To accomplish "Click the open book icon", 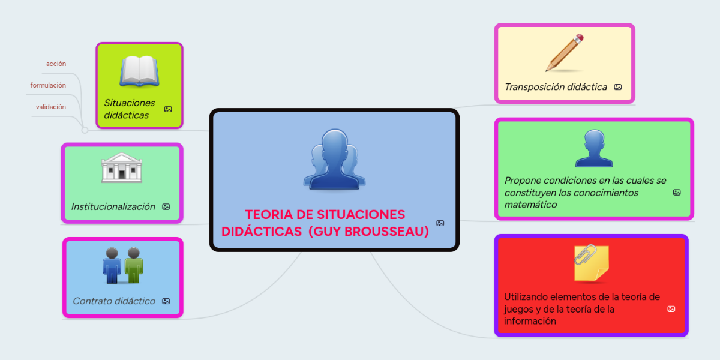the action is (139, 71).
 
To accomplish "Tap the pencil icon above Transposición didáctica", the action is (565, 53).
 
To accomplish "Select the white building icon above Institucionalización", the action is (122, 168).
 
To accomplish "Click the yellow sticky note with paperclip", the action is (591, 263).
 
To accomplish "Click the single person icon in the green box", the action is (594, 148).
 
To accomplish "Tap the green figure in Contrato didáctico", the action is (134, 265).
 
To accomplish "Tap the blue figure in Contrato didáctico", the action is (112, 265).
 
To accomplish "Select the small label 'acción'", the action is (56, 64).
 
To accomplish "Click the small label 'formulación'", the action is (48, 85).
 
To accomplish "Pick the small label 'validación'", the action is (51, 107).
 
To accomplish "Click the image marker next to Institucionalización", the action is (166, 206).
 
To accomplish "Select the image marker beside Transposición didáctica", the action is (618, 87).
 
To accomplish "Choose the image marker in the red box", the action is (671, 309).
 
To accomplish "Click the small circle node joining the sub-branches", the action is (85, 130).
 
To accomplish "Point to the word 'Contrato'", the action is (92, 301).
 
